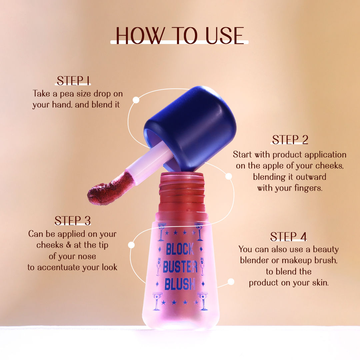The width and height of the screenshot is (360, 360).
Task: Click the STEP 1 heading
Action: pyautogui.click(x=74, y=81)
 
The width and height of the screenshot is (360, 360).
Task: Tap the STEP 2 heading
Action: pyautogui.click(x=290, y=140)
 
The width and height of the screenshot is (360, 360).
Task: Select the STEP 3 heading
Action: pyautogui.click(x=73, y=221)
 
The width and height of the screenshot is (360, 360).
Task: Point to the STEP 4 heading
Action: pyautogui.click(x=288, y=236)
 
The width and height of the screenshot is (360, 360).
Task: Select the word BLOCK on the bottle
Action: pyautogui.click(x=180, y=249)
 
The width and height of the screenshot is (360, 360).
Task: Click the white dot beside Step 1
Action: pyautogui.click(x=136, y=100)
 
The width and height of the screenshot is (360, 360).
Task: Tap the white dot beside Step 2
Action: pyautogui.click(x=229, y=176)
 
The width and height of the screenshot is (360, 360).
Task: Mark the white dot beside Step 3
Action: pyautogui.click(x=131, y=245)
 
